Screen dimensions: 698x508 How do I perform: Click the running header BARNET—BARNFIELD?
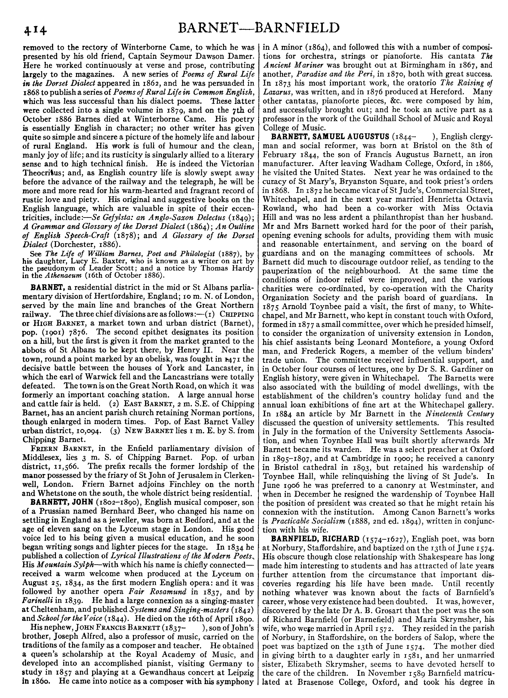(259, 28)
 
